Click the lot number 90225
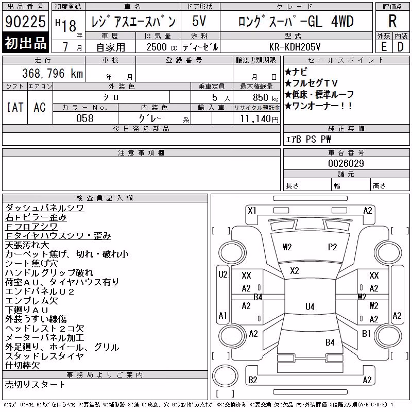[25, 22]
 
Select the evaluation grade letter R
[392, 21]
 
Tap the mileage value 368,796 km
[53, 73]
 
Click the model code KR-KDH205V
[295, 47]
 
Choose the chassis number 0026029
[346, 163]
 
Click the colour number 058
[85, 118]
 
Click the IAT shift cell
[15, 107]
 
